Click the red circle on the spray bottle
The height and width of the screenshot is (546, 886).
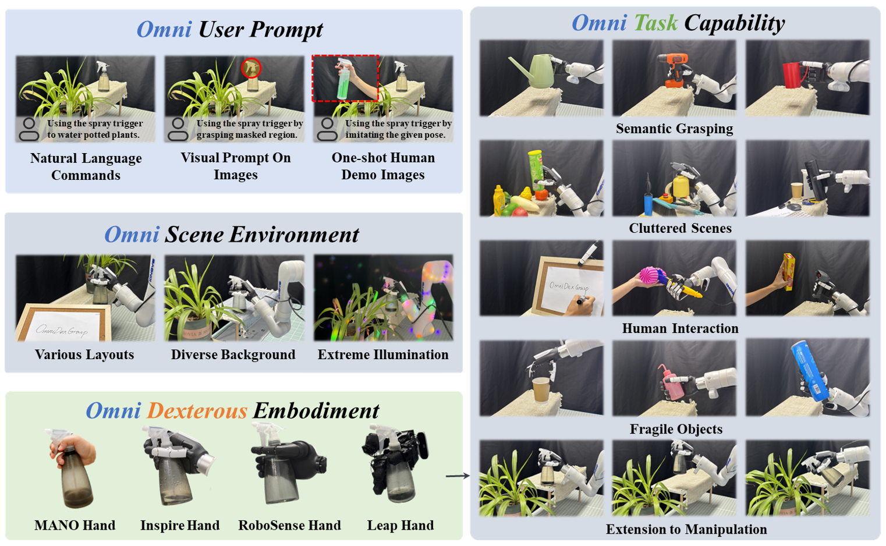pos(251,68)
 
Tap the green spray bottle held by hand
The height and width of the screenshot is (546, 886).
pos(343,81)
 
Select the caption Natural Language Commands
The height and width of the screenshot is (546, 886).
pos(86,166)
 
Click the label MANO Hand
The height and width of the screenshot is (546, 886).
pos(75,525)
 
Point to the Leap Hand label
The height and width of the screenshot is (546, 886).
pos(401,525)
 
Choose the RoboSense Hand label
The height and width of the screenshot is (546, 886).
pos(289,525)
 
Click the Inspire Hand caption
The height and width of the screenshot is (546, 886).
pos(180,525)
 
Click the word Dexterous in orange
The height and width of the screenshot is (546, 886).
pos(197,411)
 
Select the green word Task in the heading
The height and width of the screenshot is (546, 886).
pos(655,23)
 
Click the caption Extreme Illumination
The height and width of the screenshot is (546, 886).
pos(383,354)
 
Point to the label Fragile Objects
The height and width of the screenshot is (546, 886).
pos(676,429)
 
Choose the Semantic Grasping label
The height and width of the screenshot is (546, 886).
pos(675,129)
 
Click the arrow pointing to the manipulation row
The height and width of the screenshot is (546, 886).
pos(458,476)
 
